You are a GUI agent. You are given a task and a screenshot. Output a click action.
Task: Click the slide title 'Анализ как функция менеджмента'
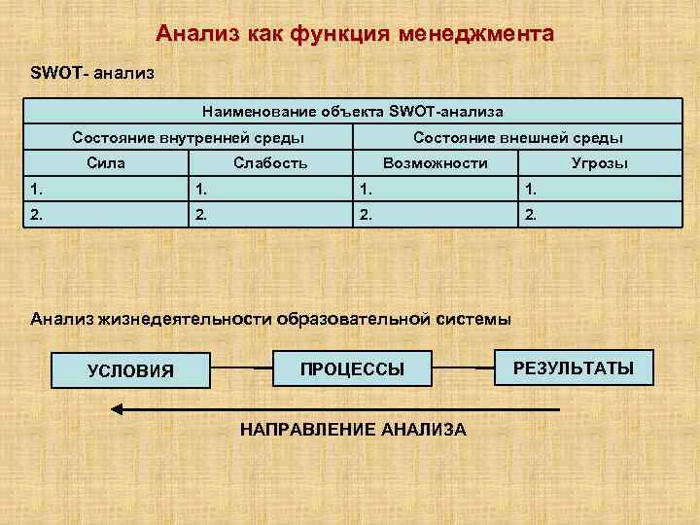(x=355, y=35)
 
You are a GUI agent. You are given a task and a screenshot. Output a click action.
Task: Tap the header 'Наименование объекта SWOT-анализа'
(x=352, y=113)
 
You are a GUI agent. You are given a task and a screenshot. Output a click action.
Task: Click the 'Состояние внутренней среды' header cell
(x=188, y=138)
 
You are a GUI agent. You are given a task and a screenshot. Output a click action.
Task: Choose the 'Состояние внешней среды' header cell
(x=517, y=138)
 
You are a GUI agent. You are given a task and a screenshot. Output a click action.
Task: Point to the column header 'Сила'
(x=105, y=163)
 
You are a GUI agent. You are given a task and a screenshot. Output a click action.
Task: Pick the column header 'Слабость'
(x=270, y=163)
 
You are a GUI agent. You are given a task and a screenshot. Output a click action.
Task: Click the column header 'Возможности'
(x=436, y=163)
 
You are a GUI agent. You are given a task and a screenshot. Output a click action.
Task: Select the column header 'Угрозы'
(x=600, y=163)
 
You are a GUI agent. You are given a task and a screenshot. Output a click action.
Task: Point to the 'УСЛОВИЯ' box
(x=131, y=369)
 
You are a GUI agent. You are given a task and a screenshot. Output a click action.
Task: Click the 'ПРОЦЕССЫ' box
(x=352, y=368)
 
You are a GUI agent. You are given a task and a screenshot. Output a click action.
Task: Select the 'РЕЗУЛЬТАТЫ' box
(x=574, y=367)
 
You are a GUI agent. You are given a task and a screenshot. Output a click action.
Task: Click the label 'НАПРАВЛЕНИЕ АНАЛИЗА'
(x=352, y=429)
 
